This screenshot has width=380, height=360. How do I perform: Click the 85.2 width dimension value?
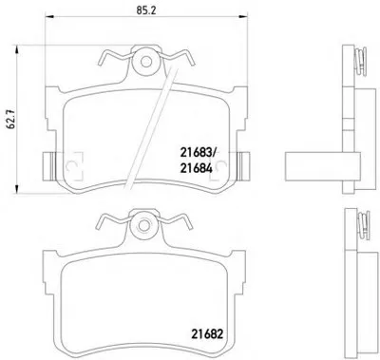pyautogui.click(x=146, y=10)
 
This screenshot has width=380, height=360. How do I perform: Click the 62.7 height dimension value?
pyautogui.click(x=12, y=120)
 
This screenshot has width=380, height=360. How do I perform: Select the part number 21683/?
pyautogui.click(x=198, y=153)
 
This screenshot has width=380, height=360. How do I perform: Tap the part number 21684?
pyautogui.click(x=196, y=168)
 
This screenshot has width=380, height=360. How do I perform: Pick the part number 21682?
pyautogui.click(x=207, y=333)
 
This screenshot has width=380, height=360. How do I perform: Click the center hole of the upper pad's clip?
pyautogui.click(x=146, y=62)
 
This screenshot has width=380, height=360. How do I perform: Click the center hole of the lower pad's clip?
pyautogui.click(x=144, y=225)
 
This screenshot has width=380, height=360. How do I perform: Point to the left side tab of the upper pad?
pyautogui.click(x=47, y=165)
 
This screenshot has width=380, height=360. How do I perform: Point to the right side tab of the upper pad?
pyautogui.click(x=244, y=166)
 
